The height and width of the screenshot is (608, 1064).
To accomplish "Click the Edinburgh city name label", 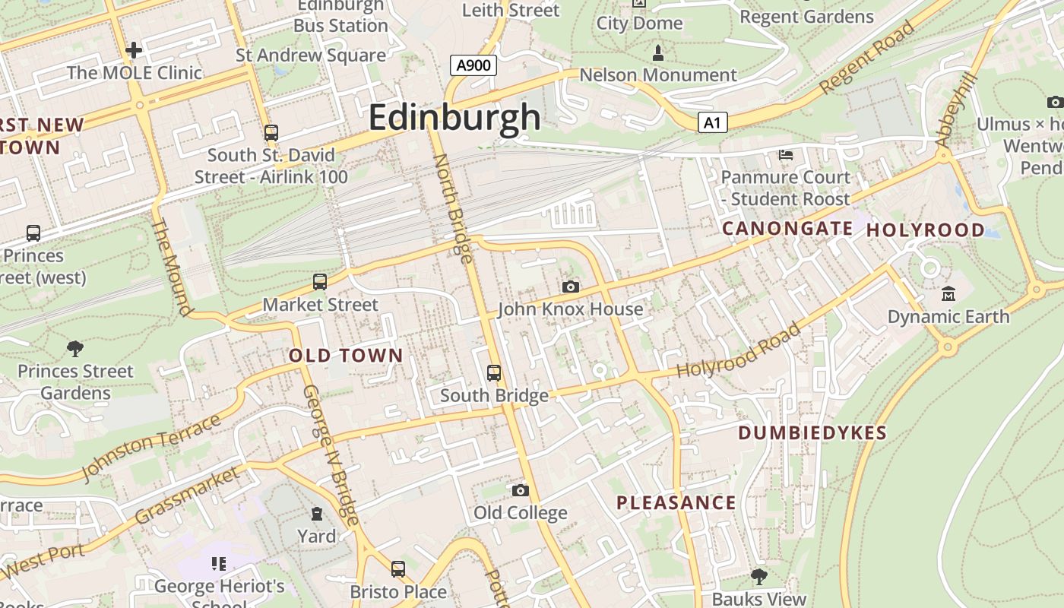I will tap(454, 118).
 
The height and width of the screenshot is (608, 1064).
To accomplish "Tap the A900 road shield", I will tap(473, 65).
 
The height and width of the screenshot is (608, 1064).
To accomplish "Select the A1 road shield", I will tap(712, 122).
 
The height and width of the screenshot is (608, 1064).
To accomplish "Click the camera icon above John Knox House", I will tap(570, 287).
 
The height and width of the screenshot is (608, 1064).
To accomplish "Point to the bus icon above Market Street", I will tap(320, 282).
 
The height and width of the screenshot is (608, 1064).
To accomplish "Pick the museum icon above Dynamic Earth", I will tap(948, 293).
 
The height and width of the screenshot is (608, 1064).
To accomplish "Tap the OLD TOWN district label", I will tap(346, 356).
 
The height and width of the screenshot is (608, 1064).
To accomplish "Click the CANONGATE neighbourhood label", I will tap(787, 228).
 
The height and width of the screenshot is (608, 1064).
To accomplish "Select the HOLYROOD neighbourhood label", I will tap(925, 230).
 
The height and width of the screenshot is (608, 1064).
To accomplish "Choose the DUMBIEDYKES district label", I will tap(812, 433).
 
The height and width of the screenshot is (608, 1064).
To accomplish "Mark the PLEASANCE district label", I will tap(676, 502).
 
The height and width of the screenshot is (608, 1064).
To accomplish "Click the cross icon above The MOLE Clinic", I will tap(134, 51).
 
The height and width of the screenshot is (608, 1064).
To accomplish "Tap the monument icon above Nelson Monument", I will tap(658, 53).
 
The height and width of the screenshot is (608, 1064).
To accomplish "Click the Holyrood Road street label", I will tap(739, 351).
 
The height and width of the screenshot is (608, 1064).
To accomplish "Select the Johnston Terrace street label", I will tap(151, 448).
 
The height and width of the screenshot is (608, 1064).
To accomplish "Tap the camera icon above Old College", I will tap(520, 490).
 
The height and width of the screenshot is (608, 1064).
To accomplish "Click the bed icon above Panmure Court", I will tap(786, 155).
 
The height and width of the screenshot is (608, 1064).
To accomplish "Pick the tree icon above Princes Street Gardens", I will tap(74, 349).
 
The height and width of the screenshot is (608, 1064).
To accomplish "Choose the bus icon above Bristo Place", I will tap(397, 568).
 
